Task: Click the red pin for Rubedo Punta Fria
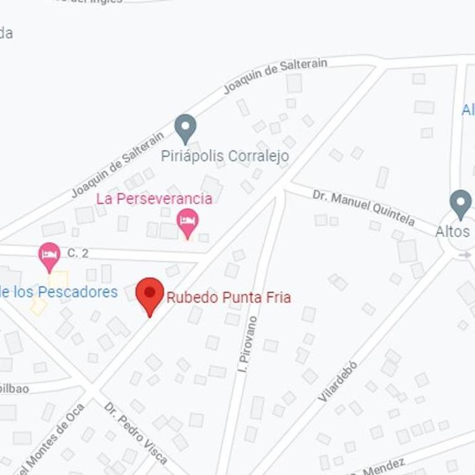(x=150, y=294)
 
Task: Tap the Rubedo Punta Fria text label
(x=228, y=297)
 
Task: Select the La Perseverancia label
(x=154, y=199)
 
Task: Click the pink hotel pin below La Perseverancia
(x=187, y=222)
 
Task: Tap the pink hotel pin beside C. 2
(x=49, y=255)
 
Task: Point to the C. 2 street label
(x=78, y=252)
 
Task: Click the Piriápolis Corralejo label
(x=225, y=156)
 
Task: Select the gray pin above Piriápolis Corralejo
(x=185, y=128)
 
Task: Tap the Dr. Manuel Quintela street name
(x=363, y=208)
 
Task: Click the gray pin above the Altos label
(x=460, y=203)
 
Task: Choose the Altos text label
(x=453, y=232)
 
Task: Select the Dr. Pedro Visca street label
(x=136, y=433)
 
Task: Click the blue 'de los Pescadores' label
(x=59, y=292)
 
